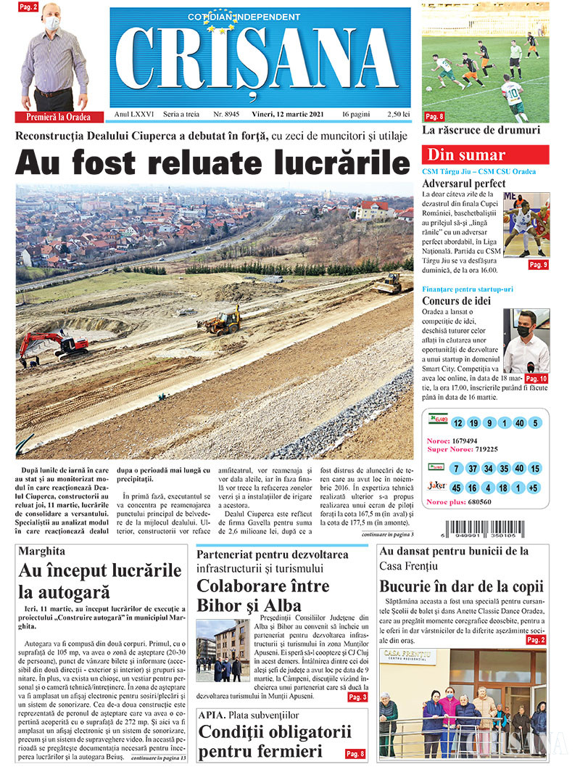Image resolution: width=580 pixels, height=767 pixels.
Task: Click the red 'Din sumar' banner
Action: point(485,155)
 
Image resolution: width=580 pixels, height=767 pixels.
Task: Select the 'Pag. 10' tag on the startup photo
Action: point(536,379)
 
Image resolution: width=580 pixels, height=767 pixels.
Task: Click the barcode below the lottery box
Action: point(494,528)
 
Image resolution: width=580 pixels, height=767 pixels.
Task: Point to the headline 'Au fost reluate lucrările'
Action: point(212,161)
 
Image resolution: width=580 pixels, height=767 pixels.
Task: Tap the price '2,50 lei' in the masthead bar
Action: point(398,115)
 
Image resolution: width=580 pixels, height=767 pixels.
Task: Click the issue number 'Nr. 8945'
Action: point(226,115)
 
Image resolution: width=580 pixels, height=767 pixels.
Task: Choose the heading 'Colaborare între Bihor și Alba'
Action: point(263,596)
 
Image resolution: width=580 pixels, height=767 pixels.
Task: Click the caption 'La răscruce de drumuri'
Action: point(481,131)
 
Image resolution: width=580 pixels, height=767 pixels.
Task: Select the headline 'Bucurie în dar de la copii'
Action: point(461,587)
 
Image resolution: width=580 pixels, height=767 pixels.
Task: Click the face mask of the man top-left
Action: point(51,23)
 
